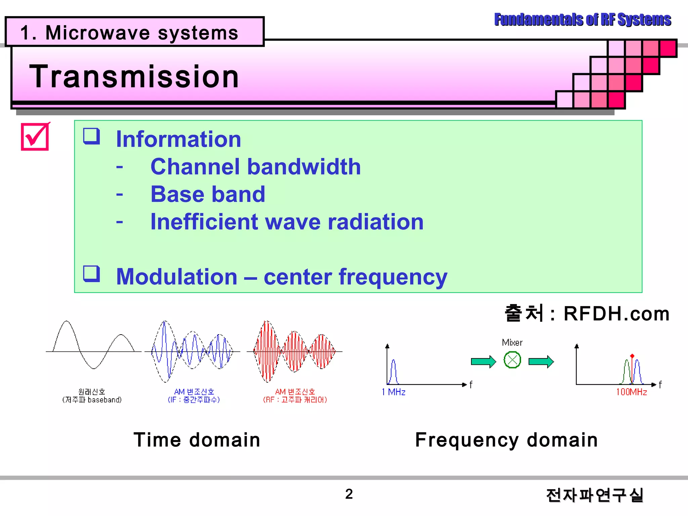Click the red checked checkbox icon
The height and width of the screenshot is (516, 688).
tap(35, 137)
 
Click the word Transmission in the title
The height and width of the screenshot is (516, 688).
tap(134, 77)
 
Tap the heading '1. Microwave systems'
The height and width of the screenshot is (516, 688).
tap(129, 33)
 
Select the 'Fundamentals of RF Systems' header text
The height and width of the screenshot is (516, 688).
tap(582, 19)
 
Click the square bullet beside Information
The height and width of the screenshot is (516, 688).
tap(92, 136)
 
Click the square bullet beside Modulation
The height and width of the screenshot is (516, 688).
tap(92, 274)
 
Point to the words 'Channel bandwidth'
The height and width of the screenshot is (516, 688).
tap(255, 167)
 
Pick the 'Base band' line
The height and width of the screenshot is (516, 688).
tap(208, 194)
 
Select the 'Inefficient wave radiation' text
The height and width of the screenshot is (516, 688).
tap(287, 222)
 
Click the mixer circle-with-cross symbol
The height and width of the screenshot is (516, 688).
tap(512, 360)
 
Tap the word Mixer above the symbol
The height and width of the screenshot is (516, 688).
tap(512, 342)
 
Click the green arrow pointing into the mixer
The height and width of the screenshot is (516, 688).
tap(483, 361)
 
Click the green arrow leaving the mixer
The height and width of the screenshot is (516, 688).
tap(541, 361)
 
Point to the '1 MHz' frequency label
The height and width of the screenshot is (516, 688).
tap(393, 392)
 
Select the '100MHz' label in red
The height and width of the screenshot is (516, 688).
tap(631, 392)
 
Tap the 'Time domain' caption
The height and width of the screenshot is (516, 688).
tap(197, 440)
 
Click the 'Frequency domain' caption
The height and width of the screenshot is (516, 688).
tap(506, 440)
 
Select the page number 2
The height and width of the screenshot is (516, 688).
tap(349, 494)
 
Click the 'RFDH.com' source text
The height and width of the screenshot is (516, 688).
tap(616, 314)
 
